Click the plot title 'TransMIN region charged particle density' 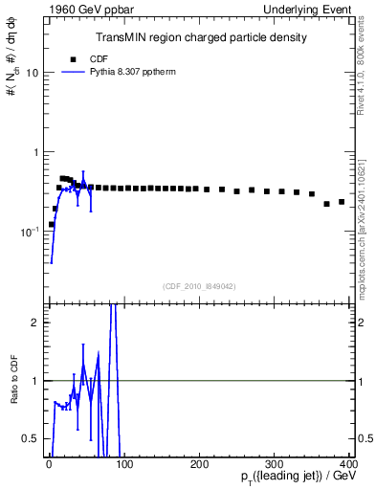point(201,38)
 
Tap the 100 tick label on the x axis point(123,465)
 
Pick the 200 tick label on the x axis point(199,465)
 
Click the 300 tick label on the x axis point(275,465)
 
